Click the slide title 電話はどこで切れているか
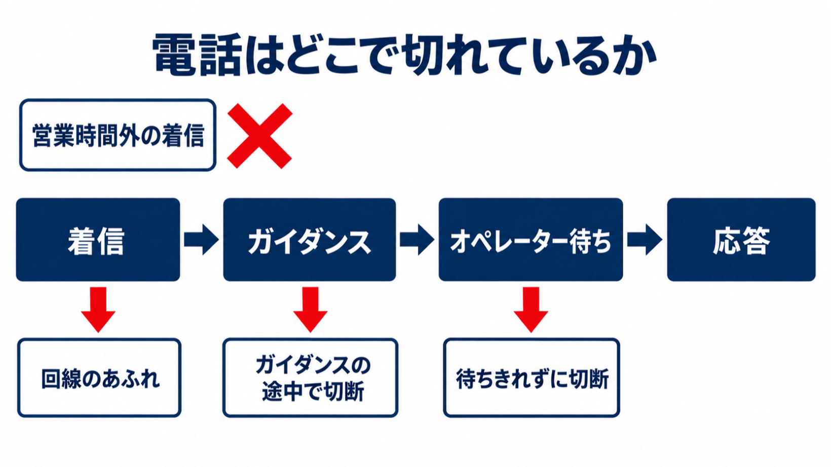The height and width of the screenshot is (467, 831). point(404,55)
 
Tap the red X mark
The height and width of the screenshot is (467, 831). point(259,136)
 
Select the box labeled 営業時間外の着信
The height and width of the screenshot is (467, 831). point(118,135)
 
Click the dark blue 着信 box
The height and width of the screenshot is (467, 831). point(98,240)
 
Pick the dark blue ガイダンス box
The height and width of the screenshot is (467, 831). point(310,240)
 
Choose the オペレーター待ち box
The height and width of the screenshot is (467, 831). point(531,240)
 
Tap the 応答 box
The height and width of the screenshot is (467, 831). point(741,240)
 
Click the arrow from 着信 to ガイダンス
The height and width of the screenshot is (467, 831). point(202,240)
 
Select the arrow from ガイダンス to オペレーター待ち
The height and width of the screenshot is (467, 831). point(417,240)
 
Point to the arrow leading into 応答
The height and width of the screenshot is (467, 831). point(645,240)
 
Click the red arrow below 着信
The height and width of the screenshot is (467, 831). point(98,309)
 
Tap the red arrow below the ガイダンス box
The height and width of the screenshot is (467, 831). point(310,309)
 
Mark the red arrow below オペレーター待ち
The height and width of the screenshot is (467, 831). point(531,309)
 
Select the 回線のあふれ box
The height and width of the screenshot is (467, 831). point(99,378)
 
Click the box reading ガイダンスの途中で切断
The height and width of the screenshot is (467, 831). point(310,378)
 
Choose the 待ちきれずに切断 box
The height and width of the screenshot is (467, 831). point(532,378)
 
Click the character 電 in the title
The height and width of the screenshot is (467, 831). point(174,55)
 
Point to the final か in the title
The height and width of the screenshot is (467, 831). point(635,55)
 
